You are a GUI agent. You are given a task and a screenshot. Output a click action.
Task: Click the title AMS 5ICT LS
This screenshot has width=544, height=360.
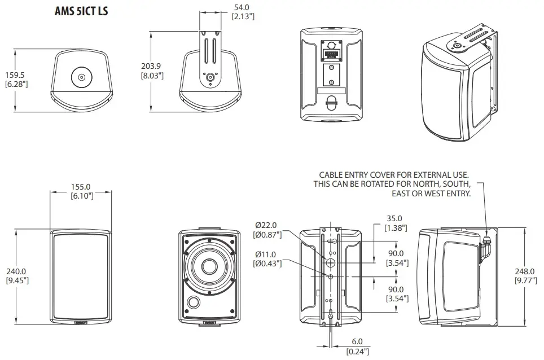tap(81, 11)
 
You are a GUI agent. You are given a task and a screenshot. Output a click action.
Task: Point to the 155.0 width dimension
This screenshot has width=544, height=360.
tap(81, 187)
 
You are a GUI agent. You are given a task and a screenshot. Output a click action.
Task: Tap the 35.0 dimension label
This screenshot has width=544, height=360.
tap(393, 218)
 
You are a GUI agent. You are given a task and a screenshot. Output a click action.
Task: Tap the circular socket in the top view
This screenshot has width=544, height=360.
tap(81, 77)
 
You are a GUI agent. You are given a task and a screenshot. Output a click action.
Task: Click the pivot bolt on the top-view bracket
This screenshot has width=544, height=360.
tap(210, 77)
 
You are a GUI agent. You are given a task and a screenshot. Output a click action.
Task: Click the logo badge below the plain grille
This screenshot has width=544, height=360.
tap(81, 323)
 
